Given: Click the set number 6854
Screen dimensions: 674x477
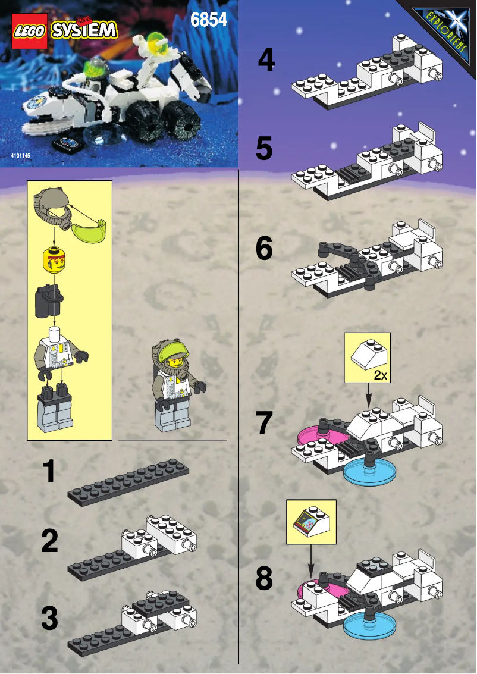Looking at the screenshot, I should pyautogui.click(x=209, y=20).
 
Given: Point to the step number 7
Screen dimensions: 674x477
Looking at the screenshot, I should pyautogui.click(x=264, y=423).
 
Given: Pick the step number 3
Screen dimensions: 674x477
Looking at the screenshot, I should pyautogui.click(x=50, y=618).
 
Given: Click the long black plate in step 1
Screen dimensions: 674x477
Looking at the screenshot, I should pyautogui.click(x=128, y=481).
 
